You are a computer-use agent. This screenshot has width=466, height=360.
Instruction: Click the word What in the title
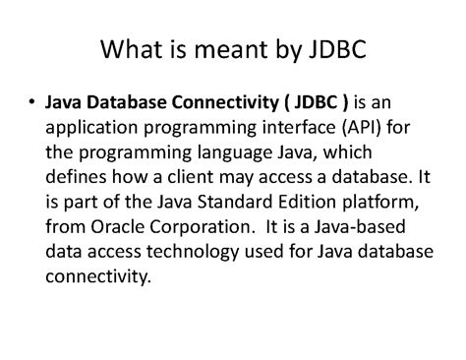[x=136, y=50]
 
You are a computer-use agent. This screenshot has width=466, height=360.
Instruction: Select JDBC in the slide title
[x=332, y=50]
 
